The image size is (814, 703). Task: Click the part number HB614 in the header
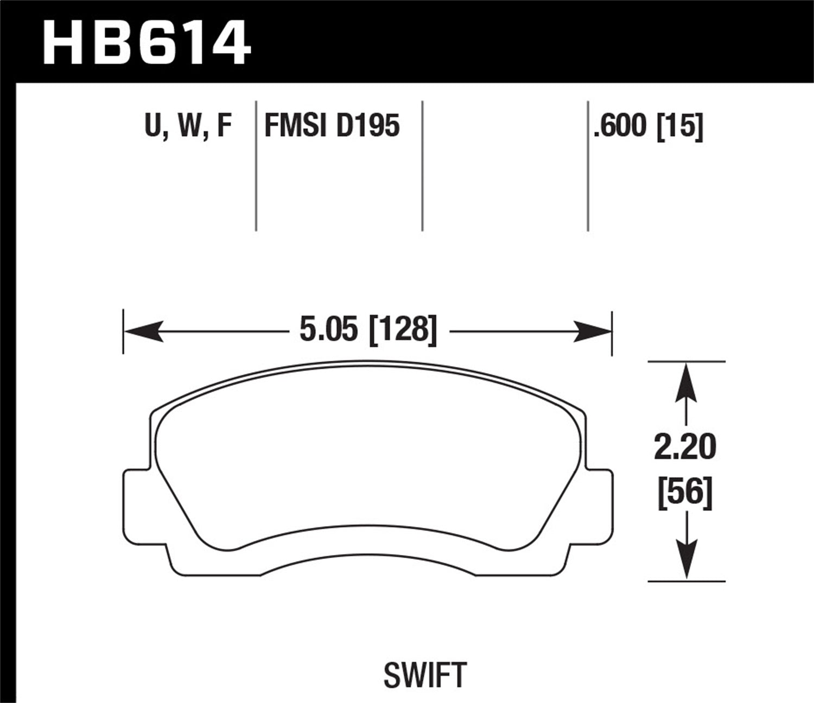147,42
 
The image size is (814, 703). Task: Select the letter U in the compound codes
154,126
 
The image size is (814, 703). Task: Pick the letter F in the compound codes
224,126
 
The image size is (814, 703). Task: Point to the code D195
368,126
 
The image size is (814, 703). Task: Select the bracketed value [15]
679,127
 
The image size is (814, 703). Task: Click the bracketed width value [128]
403,330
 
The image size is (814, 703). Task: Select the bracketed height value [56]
685,493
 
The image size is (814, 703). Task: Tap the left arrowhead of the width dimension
143,331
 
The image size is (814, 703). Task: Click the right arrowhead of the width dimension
593,331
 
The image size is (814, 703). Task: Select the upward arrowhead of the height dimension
686,382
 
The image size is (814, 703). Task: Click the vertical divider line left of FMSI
256,165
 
